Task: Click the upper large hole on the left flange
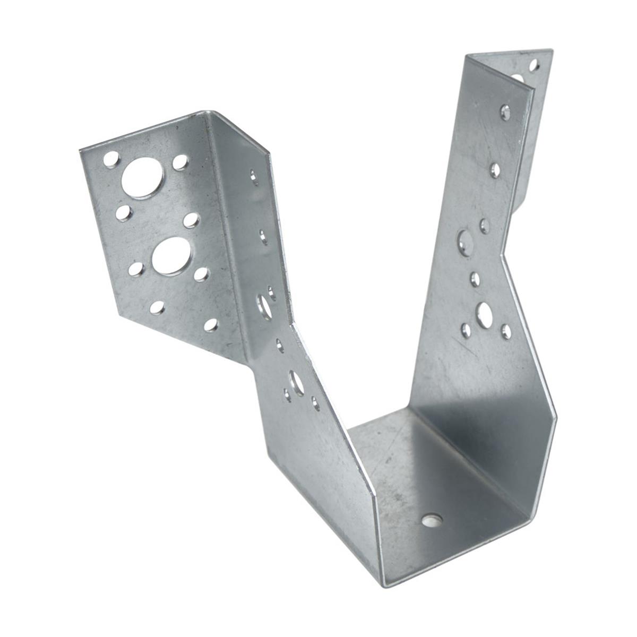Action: pos(142,178)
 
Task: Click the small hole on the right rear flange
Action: pos(534,65)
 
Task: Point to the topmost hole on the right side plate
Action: pos(505,112)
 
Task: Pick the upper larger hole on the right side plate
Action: pos(466,243)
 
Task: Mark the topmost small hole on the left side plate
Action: pos(255,176)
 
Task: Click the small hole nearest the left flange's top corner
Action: pos(111,159)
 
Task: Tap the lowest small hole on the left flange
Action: pos(211,325)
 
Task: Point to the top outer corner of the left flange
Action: pos(80,151)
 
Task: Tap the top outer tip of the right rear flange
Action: pos(552,51)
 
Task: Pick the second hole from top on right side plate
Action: pos(495,170)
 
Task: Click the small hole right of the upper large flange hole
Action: pos(180,161)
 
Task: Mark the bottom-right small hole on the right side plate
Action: pos(506,332)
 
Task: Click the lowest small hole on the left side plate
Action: pos(316,403)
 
